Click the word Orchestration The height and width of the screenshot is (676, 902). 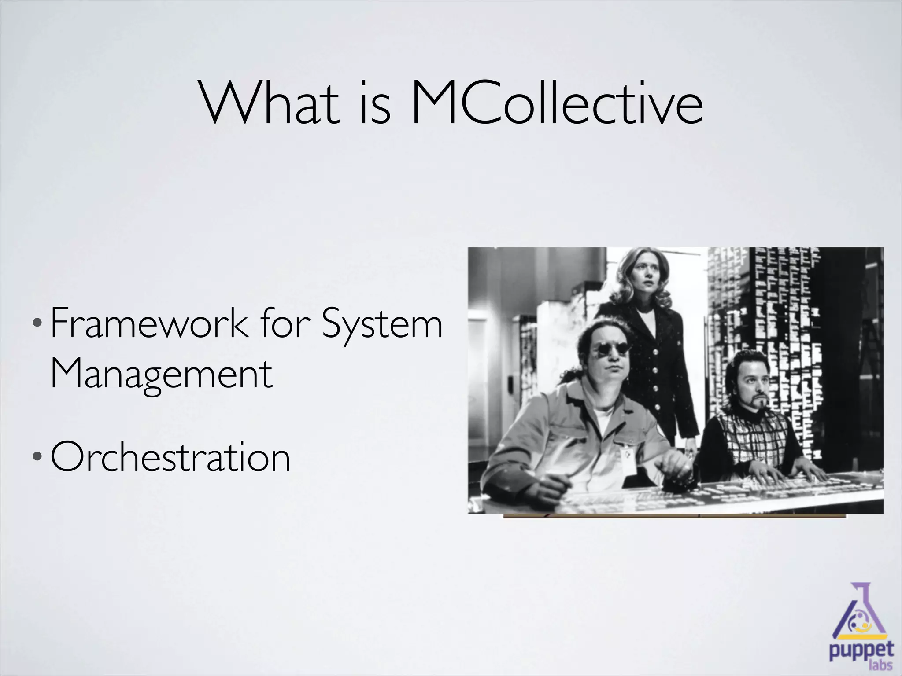[x=170, y=457]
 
